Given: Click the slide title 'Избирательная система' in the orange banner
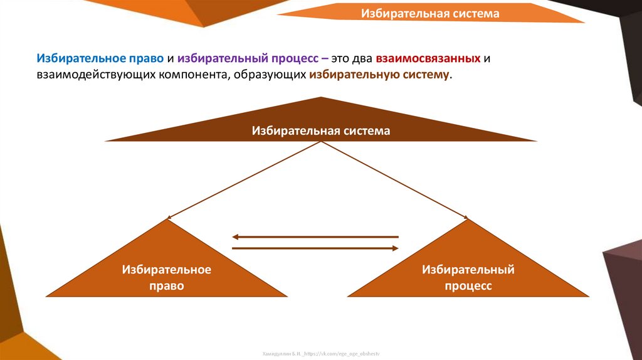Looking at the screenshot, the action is point(429,13).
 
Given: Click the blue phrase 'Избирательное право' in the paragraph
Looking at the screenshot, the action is point(100,58).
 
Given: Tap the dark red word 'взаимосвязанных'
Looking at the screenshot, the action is point(429,58).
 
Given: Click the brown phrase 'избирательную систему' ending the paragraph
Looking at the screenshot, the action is point(379,75).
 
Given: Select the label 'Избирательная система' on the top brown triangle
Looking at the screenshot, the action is point(321,130).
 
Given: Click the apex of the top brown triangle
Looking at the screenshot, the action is point(322,98).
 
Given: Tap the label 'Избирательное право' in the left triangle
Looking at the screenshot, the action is point(167,277).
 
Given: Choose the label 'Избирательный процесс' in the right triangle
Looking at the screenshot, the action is point(468,277).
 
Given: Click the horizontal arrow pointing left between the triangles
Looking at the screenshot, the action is point(315,237).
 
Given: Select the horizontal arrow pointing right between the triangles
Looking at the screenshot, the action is point(315,249).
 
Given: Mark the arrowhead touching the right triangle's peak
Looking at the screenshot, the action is point(466,218).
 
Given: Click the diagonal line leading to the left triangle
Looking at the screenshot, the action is point(245,180).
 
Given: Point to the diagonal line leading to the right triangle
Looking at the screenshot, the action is point(395,180).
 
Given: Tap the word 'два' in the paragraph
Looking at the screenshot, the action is point(363,58).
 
